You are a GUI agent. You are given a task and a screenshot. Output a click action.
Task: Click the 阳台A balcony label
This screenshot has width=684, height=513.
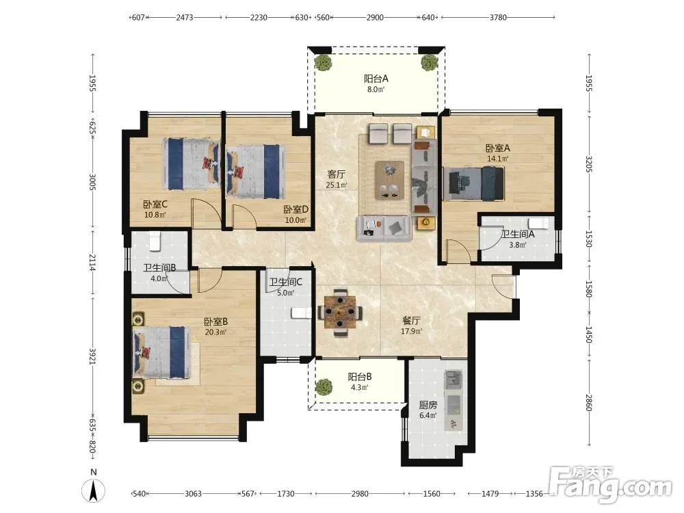coord(376,79)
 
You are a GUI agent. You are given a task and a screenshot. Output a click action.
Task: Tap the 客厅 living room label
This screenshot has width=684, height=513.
coord(337,174)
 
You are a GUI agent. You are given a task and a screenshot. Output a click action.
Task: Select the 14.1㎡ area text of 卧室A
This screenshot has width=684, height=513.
coord(498,159)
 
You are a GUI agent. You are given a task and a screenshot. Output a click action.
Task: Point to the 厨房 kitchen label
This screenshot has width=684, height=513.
coord(428,405)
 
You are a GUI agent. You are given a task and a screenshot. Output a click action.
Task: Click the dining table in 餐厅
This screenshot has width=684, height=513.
coord(340,312)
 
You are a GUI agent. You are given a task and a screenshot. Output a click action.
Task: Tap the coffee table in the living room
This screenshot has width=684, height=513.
coord(390,181)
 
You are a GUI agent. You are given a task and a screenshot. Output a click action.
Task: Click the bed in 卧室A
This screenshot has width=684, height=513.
coord(473,183)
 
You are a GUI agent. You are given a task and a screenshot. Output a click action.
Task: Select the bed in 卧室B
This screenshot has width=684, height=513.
coord(161,352)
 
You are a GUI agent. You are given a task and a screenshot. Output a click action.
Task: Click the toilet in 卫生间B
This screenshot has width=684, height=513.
coord(155,241)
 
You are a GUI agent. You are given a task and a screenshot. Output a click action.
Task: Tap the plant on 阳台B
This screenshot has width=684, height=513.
coord(324,386)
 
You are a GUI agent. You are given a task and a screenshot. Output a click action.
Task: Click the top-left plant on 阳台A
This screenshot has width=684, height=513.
coord(324,62)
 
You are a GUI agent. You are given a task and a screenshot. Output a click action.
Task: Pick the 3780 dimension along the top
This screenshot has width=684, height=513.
coord(498,18)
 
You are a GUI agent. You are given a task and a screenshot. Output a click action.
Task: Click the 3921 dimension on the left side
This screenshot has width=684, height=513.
coord(92,356)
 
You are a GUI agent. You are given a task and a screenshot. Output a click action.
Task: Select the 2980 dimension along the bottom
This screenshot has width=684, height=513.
coord(360,494)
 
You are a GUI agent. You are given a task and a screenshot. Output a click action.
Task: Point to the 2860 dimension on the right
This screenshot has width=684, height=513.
coord(589,403)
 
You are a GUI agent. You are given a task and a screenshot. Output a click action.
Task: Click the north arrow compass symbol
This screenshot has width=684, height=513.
coord(93,490)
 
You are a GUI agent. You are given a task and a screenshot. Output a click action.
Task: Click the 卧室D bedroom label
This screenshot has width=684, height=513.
coord(295,210)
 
